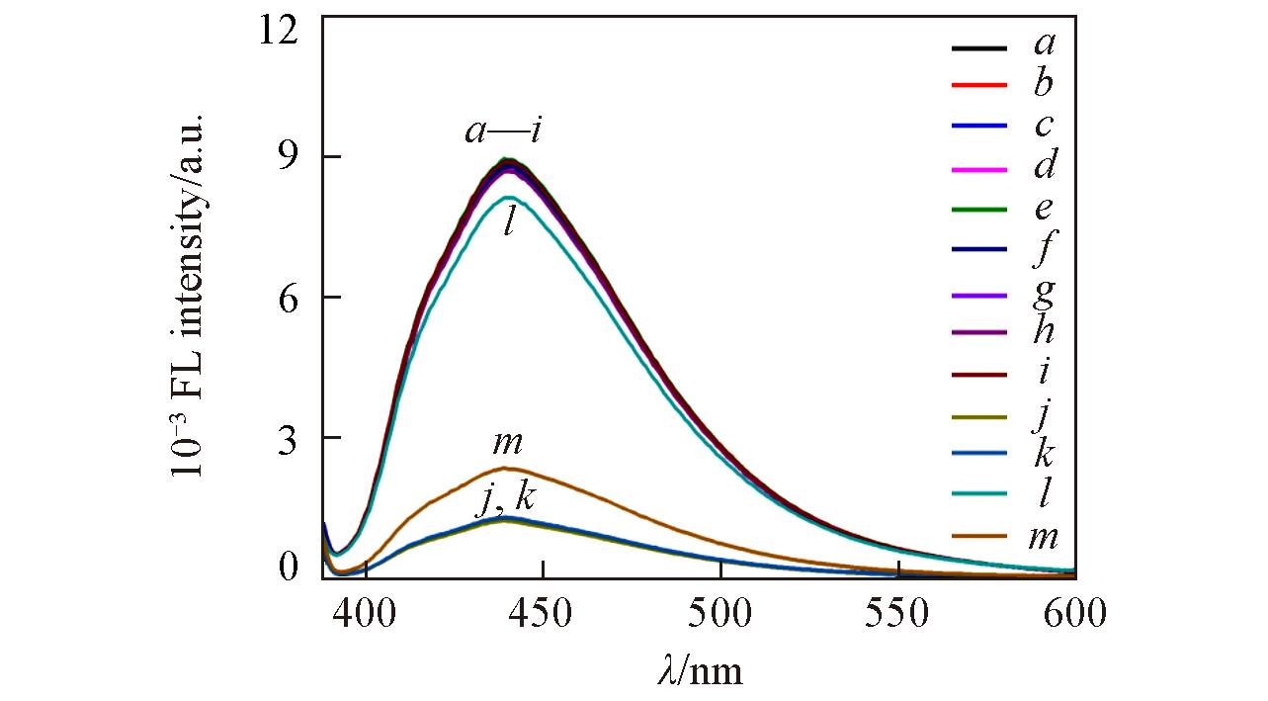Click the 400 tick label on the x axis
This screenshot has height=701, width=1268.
click(x=366, y=616)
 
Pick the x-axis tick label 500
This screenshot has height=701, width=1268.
click(x=720, y=616)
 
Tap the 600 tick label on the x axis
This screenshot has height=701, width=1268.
click(x=1074, y=616)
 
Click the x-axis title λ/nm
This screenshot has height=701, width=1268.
click(x=699, y=671)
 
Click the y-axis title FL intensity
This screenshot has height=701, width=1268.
click(x=188, y=297)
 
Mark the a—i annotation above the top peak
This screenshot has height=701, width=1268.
click(x=502, y=131)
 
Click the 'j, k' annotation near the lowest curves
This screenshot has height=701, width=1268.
click(x=506, y=499)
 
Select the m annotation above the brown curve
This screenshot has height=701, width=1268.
click(x=507, y=444)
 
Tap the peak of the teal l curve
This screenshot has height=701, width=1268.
click(x=506, y=198)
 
